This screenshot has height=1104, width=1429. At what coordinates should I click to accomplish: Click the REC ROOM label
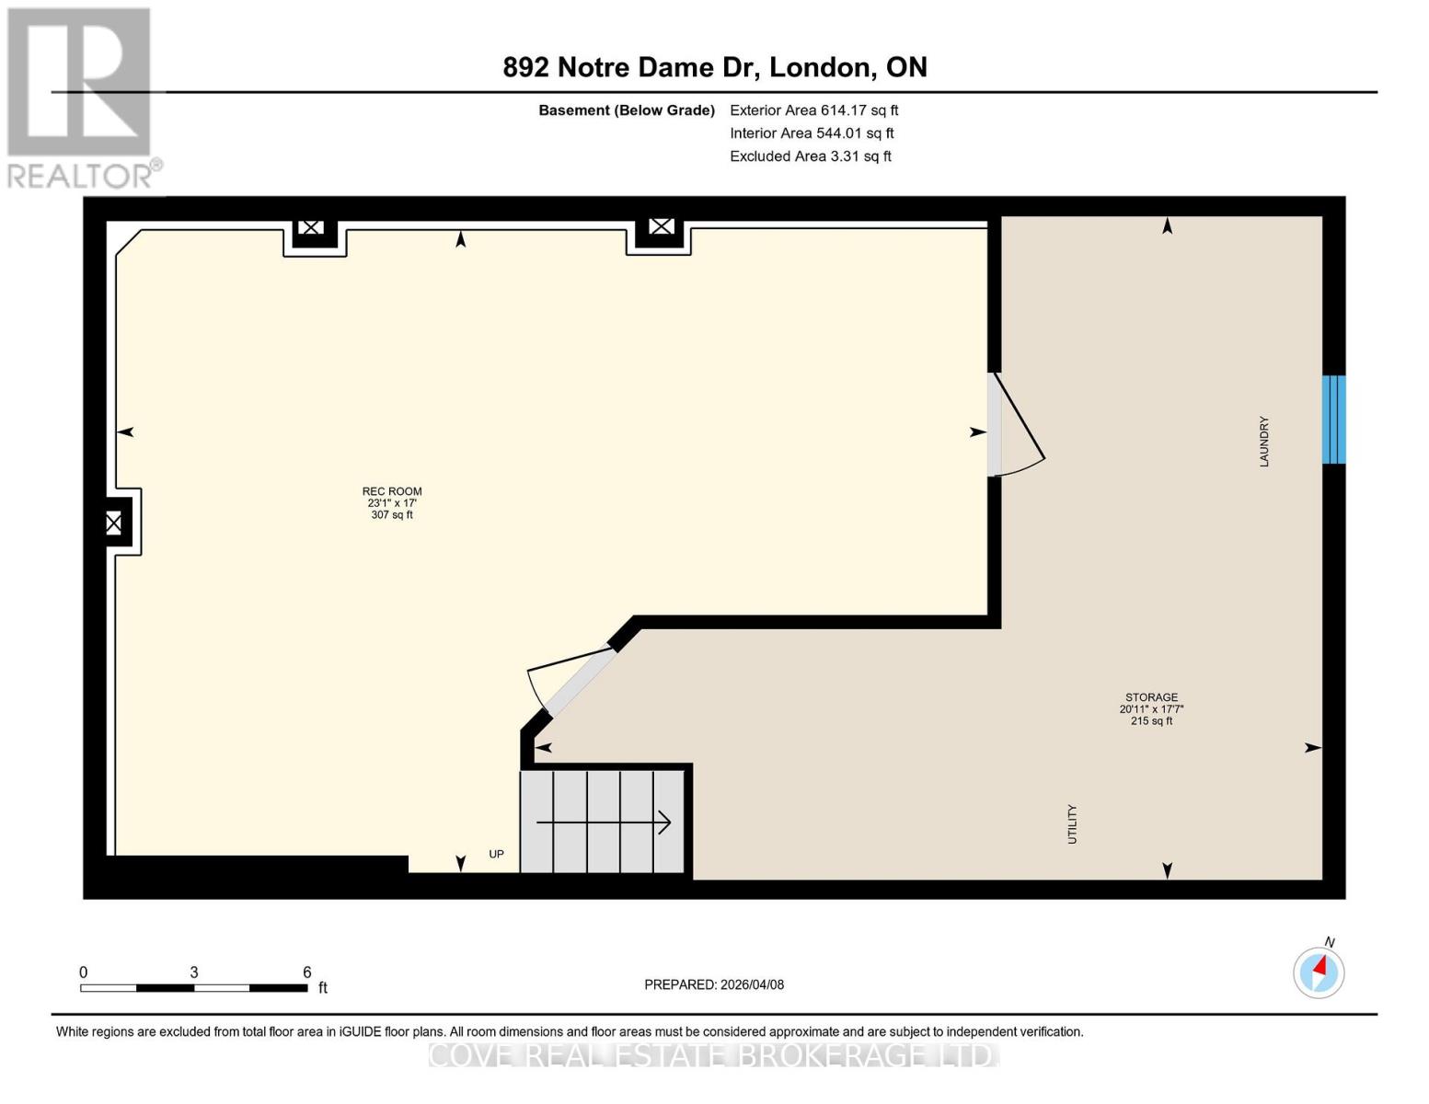tap(392, 491)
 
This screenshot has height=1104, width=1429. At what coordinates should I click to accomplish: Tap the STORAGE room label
tap(1151, 697)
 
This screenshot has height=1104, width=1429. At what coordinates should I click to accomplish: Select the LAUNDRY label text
tap(1264, 442)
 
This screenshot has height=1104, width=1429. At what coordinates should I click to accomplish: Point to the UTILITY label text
tap(1072, 823)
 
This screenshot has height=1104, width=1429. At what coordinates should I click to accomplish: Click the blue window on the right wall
tap(1333, 420)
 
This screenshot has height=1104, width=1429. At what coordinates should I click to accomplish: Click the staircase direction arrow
tap(604, 822)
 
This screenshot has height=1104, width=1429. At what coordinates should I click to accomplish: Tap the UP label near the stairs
tap(496, 855)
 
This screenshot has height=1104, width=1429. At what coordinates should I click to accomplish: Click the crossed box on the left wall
tap(113, 523)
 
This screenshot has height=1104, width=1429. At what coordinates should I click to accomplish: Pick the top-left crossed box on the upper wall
tap(311, 227)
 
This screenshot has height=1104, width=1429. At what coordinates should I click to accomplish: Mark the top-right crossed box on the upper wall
tap(661, 226)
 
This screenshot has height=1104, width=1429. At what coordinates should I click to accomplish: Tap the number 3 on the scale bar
tap(194, 972)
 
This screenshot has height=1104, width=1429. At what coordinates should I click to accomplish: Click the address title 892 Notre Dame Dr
tap(714, 67)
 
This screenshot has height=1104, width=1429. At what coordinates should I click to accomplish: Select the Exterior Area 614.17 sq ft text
tap(813, 110)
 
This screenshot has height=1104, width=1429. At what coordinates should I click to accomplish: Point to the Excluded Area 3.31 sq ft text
tap(810, 156)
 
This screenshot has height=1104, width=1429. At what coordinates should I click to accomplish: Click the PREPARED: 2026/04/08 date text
tap(714, 984)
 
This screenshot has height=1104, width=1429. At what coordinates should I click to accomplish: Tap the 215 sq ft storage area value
tap(1151, 721)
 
